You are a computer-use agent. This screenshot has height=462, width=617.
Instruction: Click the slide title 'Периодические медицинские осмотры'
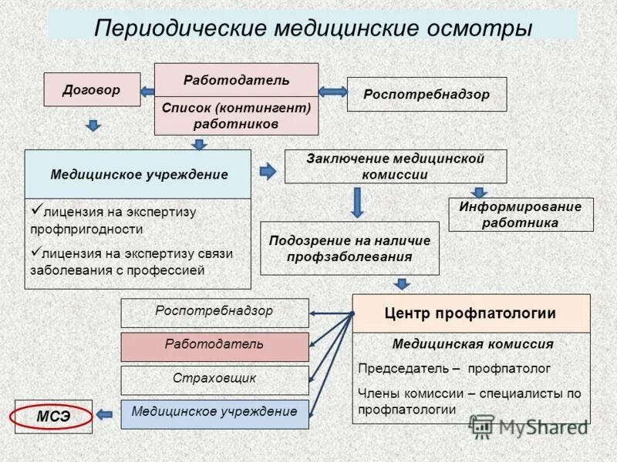pos(312,28)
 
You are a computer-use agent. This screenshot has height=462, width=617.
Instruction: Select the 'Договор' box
pos(92,89)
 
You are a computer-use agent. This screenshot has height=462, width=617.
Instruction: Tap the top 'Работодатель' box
pos(236,80)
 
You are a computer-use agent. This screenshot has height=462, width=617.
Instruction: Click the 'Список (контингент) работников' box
pos(236,115)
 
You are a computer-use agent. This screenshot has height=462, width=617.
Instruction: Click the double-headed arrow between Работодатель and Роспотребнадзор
pos(332,92)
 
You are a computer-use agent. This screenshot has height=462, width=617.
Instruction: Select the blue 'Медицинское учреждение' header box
pos(138,174)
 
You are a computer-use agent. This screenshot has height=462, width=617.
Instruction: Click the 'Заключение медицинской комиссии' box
pos(395,166)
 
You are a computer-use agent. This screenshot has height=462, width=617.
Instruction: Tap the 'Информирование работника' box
pos(521,215)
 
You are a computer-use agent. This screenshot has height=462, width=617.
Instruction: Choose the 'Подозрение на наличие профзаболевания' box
pos(349,248)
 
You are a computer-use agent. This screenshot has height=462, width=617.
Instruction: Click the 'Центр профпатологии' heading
pos(470,313)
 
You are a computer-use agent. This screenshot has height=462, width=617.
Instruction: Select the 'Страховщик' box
pos(214,380)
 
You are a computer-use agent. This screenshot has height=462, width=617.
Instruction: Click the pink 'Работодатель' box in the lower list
pos(214,346)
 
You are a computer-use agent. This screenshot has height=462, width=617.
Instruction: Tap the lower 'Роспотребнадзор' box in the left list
pos(214,313)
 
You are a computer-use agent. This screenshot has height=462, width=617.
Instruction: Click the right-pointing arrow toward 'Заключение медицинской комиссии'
pos(267,171)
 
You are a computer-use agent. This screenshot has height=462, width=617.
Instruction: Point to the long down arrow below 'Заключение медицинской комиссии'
pos(357,203)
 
